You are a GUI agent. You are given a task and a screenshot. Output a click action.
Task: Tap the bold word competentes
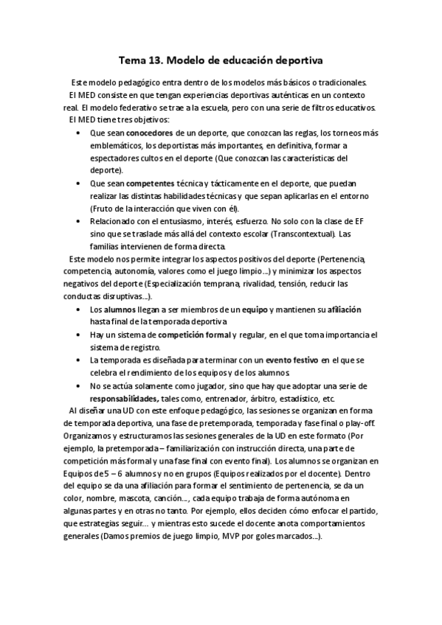(x=150, y=183)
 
